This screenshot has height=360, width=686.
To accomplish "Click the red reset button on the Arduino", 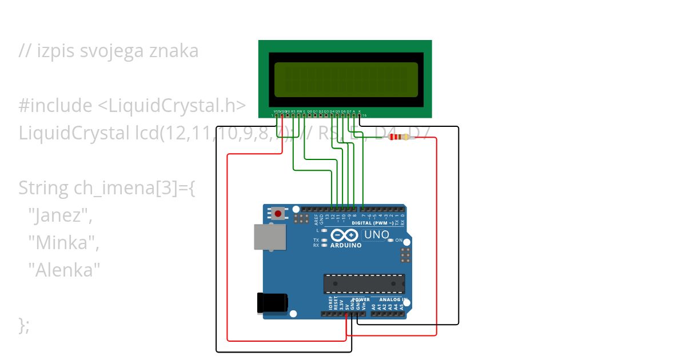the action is click(278, 214).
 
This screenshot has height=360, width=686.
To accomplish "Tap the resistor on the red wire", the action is click(399, 137).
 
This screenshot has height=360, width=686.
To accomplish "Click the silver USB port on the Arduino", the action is click(269, 237).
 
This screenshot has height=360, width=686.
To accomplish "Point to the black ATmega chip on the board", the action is click(364, 283).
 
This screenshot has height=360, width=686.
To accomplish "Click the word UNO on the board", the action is click(376, 234).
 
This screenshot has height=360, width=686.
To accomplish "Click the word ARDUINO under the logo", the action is click(346, 245).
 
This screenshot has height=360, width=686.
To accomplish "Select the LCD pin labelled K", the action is click(360, 115).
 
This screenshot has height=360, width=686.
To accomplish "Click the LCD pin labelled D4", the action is click(332, 115).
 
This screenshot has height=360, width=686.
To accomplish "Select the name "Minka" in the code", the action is click(63, 243).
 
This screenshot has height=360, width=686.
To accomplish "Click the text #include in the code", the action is click(55, 106).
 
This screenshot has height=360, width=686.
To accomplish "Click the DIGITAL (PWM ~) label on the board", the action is click(372, 223).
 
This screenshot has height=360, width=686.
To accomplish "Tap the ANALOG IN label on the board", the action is click(388, 299).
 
